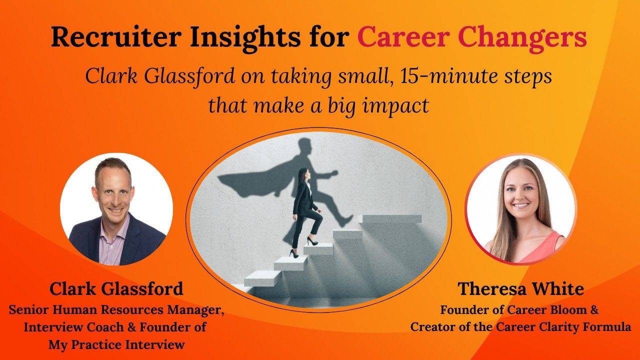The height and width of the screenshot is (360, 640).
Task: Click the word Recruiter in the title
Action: pos(116,37)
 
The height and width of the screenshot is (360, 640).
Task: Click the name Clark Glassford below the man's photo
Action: pos(116,288)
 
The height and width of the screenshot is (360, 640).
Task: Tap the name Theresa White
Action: pos(521,288)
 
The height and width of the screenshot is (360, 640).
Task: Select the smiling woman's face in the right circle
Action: pos(520,191)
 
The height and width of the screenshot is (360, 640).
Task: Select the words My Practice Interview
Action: pos(116,344)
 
